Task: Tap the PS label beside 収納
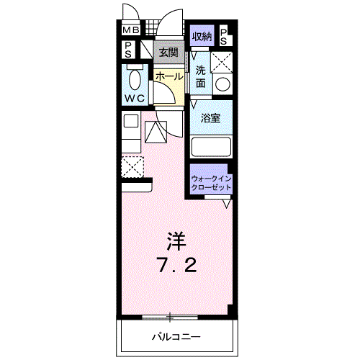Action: [223, 35]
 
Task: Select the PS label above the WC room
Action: [128, 49]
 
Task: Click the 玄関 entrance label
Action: [168, 51]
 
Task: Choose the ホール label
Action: [168, 75]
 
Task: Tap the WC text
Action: [135, 98]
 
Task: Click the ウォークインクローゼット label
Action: [211, 182]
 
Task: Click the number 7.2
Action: [176, 265]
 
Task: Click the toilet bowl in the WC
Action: [135, 78]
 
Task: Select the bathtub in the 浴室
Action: [211, 146]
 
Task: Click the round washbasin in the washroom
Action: [223, 84]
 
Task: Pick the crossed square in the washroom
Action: [223, 61]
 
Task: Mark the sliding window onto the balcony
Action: [170, 316]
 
